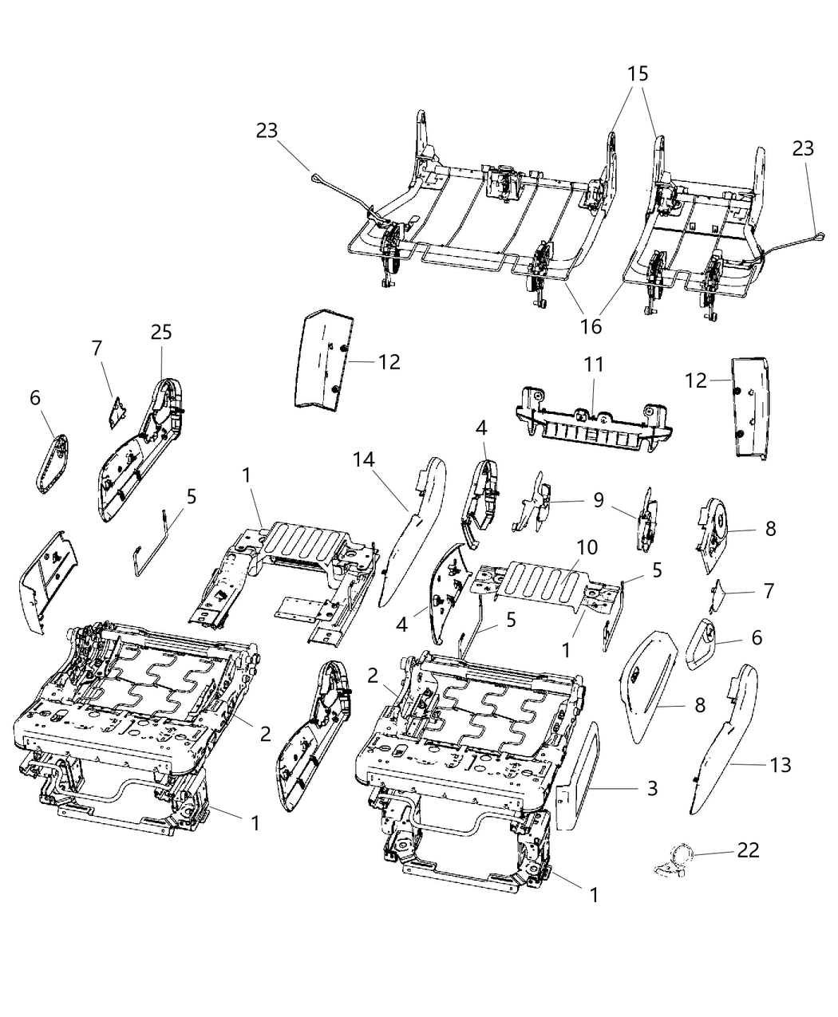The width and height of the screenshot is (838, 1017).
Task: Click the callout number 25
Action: [x=161, y=332]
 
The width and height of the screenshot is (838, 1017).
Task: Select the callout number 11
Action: [x=593, y=365]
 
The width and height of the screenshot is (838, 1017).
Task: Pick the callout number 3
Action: [x=652, y=789]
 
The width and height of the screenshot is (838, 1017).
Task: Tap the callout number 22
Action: [x=748, y=850]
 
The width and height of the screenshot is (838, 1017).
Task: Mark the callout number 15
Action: [x=637, y=74]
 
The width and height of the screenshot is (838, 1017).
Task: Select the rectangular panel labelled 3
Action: [x=582, y=767]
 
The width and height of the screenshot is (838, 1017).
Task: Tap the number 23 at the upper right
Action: [x=803, y=148]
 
